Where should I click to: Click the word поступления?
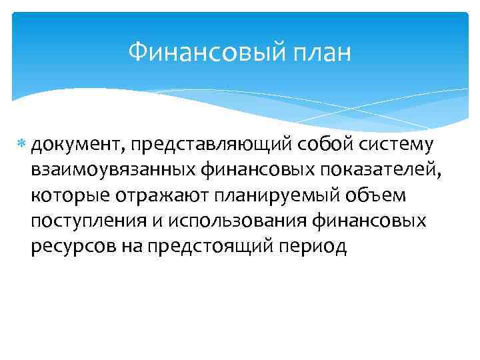tap(87, 221)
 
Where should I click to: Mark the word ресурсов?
tap(73, 247)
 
